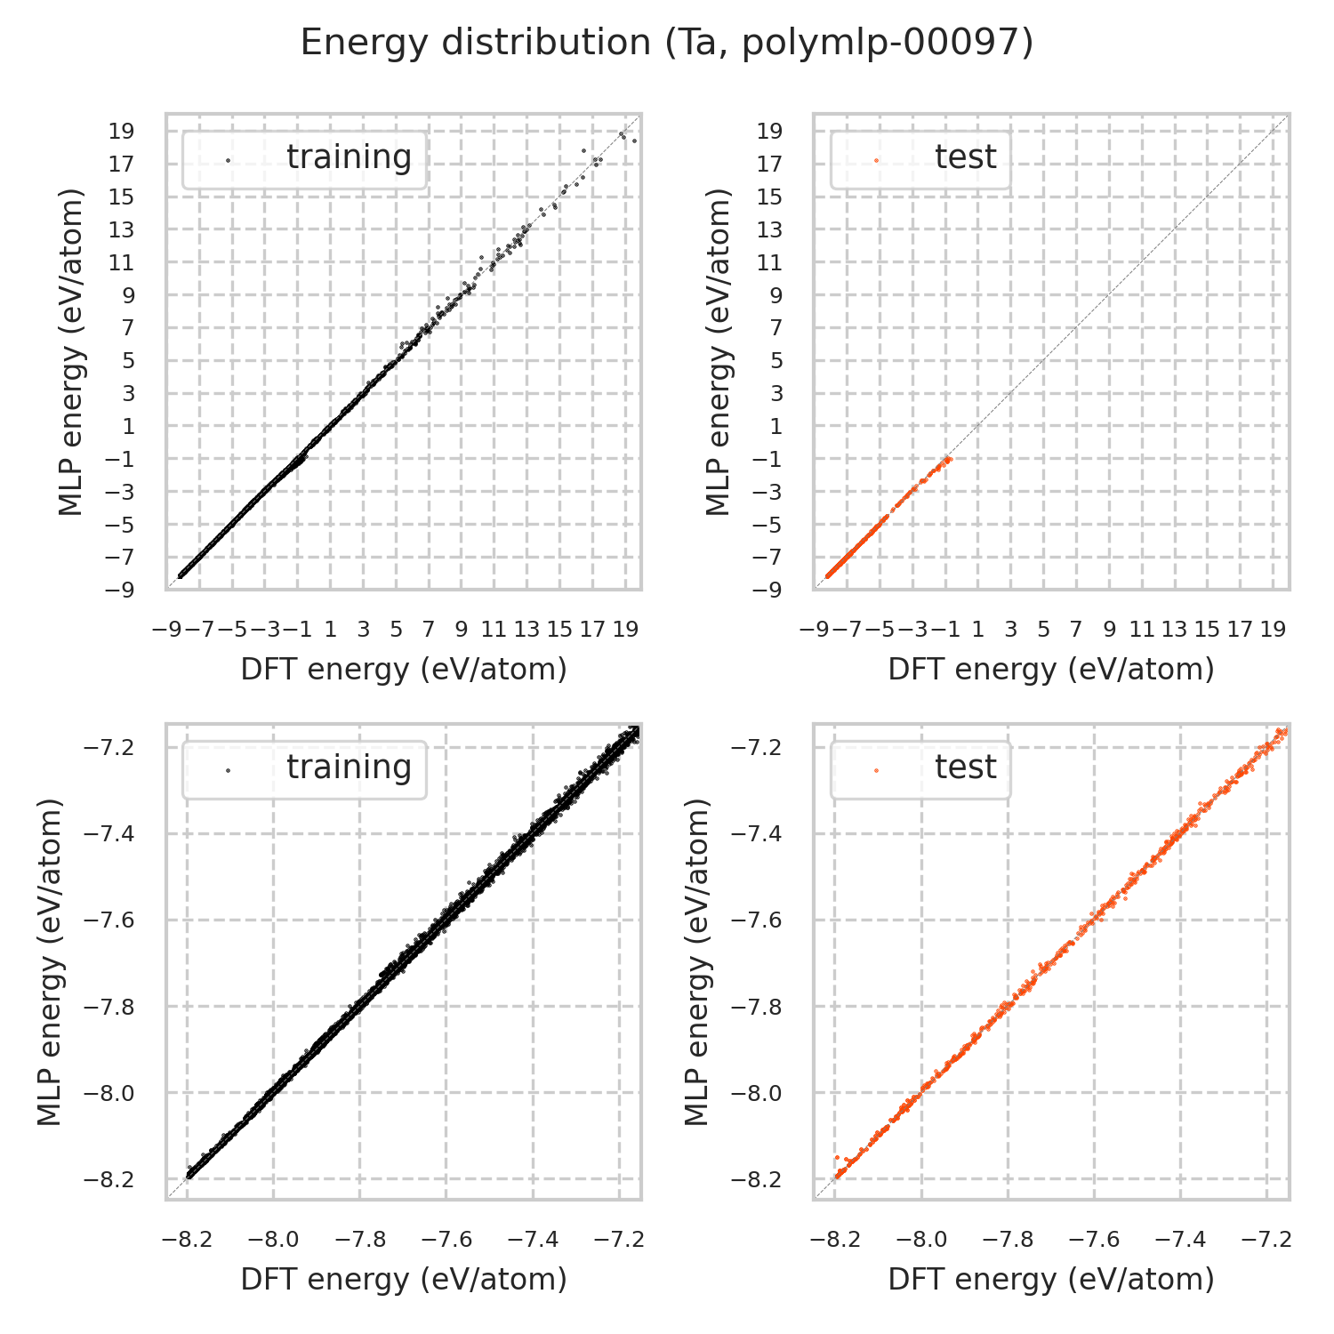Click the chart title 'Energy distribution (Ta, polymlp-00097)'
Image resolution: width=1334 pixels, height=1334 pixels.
[666, 44]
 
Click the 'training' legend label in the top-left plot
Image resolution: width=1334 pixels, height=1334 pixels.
[349, 157]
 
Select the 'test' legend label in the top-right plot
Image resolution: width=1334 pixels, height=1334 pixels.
[965, 157]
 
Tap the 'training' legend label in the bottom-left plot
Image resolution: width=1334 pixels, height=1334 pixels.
[349, 767]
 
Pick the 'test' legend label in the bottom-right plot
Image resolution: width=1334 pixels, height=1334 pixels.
[965, 767]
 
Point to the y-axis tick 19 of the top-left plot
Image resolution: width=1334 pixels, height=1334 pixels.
[122, 132]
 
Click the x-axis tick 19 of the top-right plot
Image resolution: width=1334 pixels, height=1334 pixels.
[1273, 630]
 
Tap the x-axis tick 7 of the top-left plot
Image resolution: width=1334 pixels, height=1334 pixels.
[428, 630]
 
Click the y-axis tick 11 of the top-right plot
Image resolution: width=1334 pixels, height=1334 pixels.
[769, 262]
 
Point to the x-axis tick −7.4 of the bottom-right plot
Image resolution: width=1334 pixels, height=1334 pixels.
[1182, 1240]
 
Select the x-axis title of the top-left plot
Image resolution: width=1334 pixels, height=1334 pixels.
[404, 670]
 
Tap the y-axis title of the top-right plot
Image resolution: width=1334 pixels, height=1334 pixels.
[718, 351]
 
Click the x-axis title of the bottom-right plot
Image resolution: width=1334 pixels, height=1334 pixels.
[1051, 1280]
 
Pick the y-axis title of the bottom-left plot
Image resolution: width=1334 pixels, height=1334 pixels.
[51, 961]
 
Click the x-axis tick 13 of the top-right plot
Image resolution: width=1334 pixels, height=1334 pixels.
[1174, 630]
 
